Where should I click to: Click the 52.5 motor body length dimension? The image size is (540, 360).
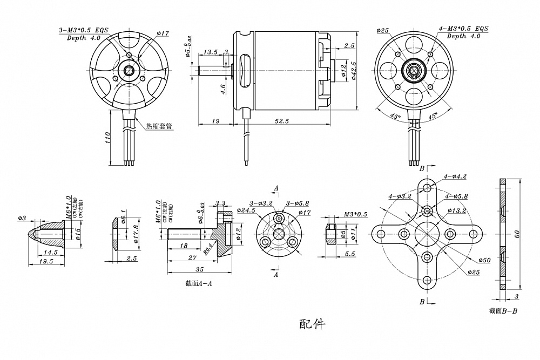[x=281, y=121]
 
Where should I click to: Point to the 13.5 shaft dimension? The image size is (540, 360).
[x=210, y=52]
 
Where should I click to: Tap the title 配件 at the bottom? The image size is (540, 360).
[x=312, y=324]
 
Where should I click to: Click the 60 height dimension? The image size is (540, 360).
[x=517, y=234]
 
